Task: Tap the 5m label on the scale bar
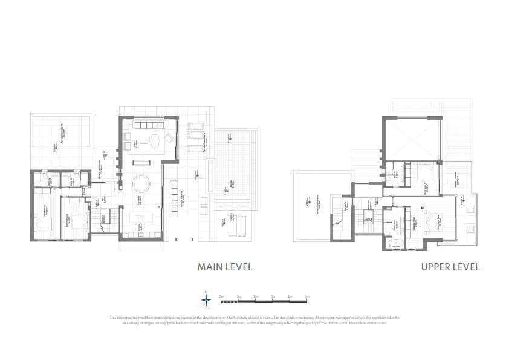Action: coord(306,296)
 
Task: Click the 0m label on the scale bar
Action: coord(222,296)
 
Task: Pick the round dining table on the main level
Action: coord(141,182)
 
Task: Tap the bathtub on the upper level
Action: coord(395,243)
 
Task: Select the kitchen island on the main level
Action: coord(141,216)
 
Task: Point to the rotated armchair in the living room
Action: coord(169,139)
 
